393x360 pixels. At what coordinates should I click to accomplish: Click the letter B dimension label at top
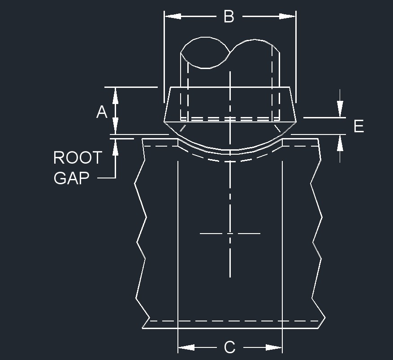[x=229, y=17]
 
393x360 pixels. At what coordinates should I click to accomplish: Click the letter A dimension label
[x=102, y=112]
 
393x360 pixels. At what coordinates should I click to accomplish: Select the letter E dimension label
[x=358, y=126]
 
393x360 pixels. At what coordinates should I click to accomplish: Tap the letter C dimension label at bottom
[x=229, y=347]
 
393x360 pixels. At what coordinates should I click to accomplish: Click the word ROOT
[x=78, y=158]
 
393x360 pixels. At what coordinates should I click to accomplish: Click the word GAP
[x=71, y=178]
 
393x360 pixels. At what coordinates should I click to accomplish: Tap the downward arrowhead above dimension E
[x=340, y=110]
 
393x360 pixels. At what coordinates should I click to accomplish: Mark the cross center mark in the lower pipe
[x=230, y=234]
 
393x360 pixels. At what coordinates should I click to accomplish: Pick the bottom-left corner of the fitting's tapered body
[x=164, y=121]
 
